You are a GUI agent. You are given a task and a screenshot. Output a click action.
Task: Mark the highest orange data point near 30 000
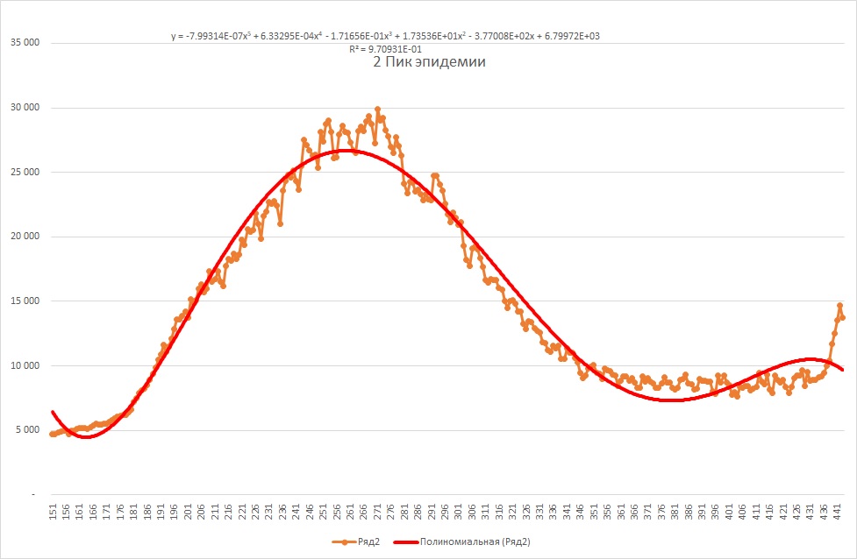coord(377,110)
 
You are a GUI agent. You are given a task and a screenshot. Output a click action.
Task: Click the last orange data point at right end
coord(843,317)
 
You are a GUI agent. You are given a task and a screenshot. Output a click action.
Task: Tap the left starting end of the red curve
coord(53,412)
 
